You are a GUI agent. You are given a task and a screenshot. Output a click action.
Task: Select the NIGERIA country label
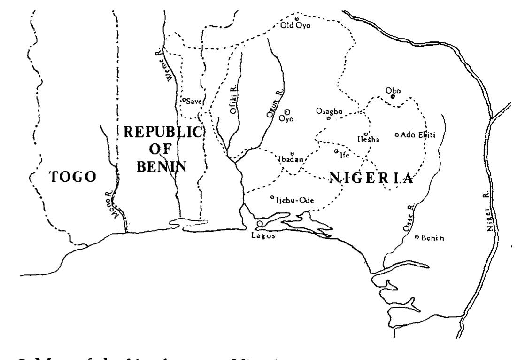pos(371,178)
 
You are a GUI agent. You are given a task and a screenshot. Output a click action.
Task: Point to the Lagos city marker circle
pos(260,224)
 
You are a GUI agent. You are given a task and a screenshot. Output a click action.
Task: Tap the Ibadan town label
pos(291,159)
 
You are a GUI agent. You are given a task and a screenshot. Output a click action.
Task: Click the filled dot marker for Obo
pos(393,96)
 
